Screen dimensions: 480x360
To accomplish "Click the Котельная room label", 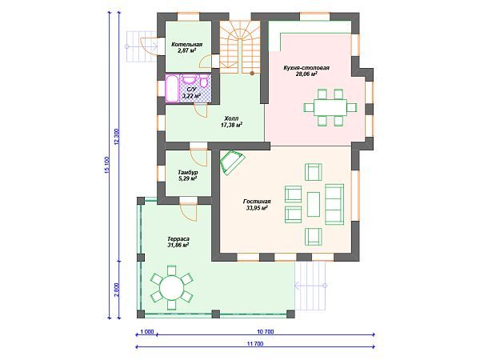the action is (x=186, y=44).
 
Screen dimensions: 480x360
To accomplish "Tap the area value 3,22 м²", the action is (x=191, y=96).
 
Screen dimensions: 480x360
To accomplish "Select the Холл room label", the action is (x=231, y=118).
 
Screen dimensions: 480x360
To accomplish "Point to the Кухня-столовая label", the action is (x=306, y=68).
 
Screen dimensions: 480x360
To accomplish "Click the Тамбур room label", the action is (x=188, y=172).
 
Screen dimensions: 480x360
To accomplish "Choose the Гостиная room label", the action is (x=257, y=202).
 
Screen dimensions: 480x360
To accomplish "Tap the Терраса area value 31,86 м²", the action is (x=178, y=245).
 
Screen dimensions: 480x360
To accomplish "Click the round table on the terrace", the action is (x=172, y=288).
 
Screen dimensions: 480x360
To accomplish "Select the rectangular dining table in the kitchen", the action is (x=330, y=107).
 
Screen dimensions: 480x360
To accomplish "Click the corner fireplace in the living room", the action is (x=232, y=162).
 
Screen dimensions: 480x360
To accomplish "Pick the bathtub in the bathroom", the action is (x=172, y=89).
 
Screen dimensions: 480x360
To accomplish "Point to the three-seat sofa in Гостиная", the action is (x=334, y=204).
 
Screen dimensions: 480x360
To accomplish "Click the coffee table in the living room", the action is (x=314, y=204).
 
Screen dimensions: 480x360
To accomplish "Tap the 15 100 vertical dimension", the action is (x=107, y=166).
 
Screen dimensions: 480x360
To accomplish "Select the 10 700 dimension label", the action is (x=265, y=332).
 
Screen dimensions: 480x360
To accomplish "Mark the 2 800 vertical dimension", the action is (x=116, y=290).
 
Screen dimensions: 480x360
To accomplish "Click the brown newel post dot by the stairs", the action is (x=252, y=73).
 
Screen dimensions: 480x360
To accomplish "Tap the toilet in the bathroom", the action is (x=204, y=82).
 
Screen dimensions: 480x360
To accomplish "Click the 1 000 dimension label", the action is (x=147, y=332).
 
